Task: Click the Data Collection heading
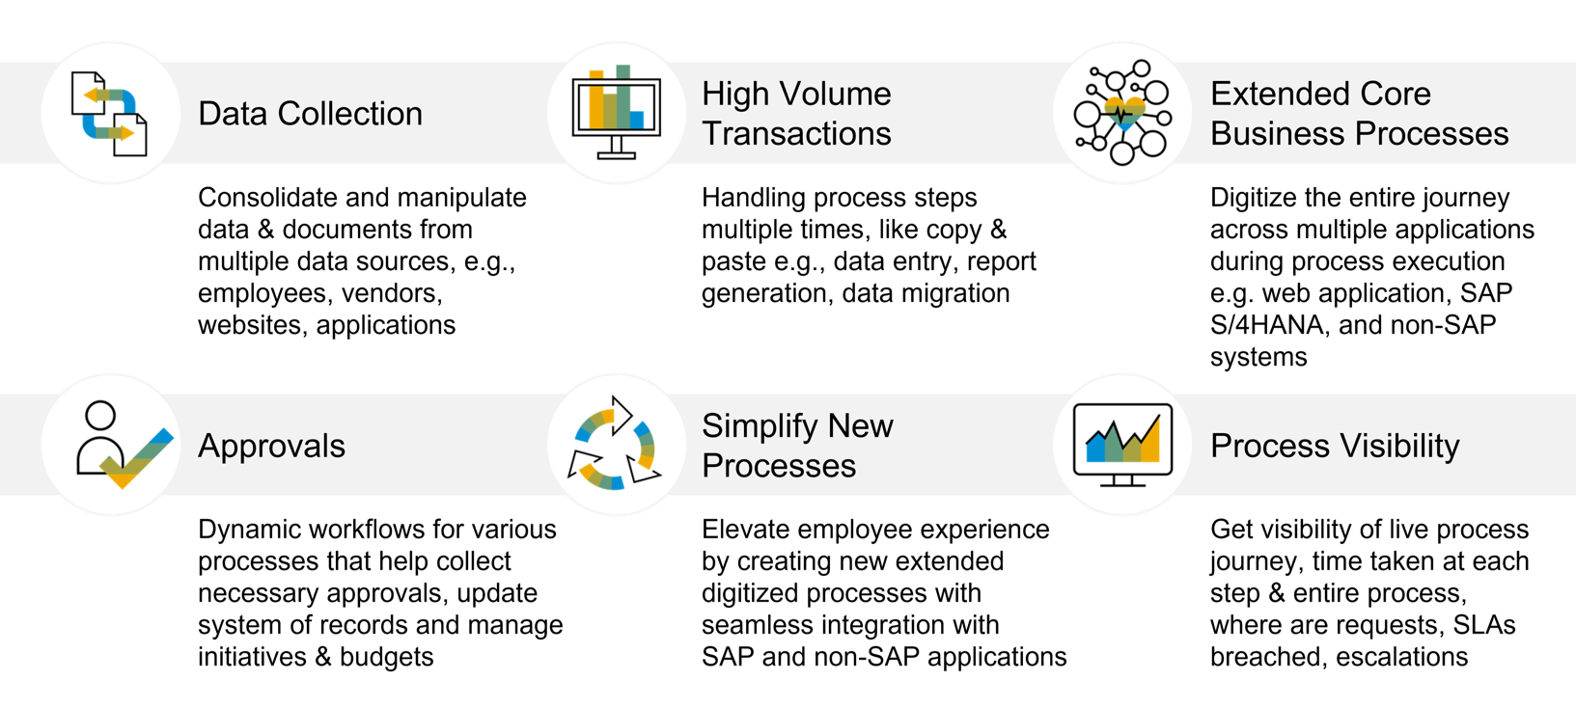coord(310,114)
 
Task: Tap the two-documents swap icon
coord(109,114)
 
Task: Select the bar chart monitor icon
coord(617,113)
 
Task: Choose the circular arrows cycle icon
coord(615,444)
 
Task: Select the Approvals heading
coord(271,446)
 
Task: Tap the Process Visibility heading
coord(1335,446)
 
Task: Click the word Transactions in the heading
coord(796,134)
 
